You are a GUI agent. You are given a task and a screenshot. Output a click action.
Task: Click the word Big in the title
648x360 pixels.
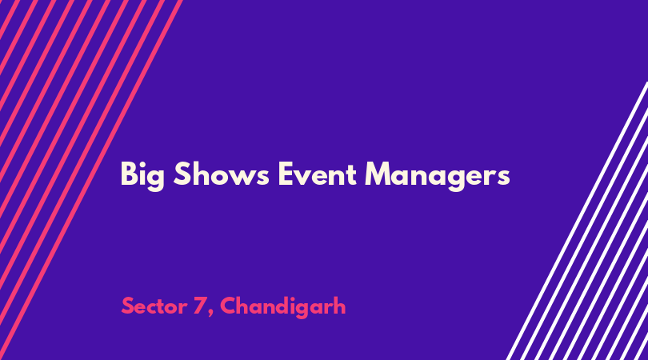point(142,176)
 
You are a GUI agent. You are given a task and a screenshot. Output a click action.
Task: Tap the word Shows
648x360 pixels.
point(221,174)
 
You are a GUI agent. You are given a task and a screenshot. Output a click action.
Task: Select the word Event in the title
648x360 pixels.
point(318,174)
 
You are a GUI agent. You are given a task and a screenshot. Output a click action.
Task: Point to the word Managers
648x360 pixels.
point(438,176)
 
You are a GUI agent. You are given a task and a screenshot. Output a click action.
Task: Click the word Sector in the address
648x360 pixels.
point(154,306)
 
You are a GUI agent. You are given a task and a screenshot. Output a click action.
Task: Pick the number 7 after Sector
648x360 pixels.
point(200,306)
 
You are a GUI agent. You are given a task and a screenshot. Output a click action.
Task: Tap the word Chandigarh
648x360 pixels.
point(282,307)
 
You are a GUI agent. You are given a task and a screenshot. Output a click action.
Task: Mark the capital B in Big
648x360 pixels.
point(129,174)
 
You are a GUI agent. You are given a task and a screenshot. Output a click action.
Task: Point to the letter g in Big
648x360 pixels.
point(156,180)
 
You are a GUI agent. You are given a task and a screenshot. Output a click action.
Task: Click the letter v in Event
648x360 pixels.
point(304,177)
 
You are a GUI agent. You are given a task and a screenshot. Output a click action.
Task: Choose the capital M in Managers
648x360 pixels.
point(378,174)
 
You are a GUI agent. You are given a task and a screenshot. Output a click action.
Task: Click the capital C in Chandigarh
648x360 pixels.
point(229,306)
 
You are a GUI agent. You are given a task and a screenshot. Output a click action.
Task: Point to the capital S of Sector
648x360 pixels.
point(127,306)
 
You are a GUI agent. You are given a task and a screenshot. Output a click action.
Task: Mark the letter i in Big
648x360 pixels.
point(142,174)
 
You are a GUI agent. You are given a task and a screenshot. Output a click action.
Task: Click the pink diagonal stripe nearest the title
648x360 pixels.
point(90,180)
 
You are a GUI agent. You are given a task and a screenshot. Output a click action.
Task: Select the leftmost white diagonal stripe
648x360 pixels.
point(577,221)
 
